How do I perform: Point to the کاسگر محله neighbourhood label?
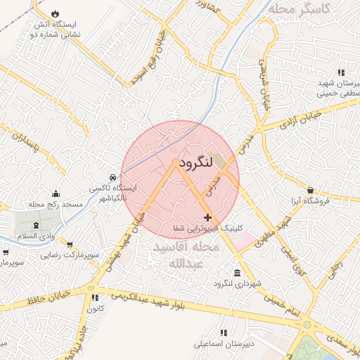312,9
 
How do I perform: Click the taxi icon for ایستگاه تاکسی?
113,176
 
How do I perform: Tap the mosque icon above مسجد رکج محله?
56,194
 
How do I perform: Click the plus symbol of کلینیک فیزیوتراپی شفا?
207,218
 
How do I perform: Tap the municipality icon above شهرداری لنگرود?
236,273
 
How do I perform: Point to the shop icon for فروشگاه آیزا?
311,190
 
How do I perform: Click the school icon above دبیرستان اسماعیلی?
224,333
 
